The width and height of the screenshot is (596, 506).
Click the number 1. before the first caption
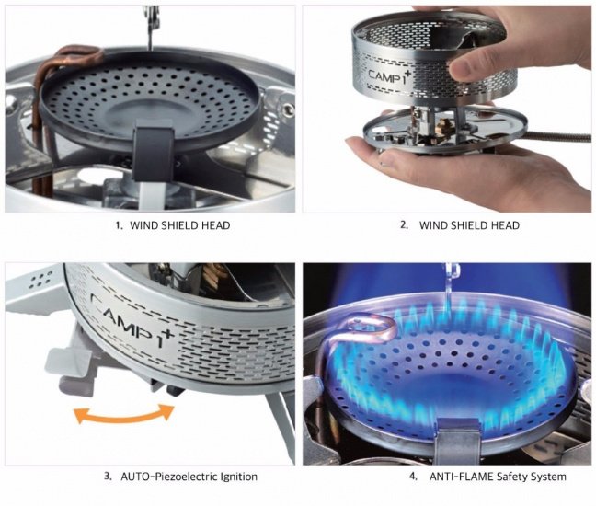click(120, 225)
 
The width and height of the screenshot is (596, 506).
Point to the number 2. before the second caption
click(405, 225)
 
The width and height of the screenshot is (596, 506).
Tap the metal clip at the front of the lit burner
click(459, 436)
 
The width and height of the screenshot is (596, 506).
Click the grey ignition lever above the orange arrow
click(73, 372)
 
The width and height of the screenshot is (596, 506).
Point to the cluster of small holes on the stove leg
click(39, 279)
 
